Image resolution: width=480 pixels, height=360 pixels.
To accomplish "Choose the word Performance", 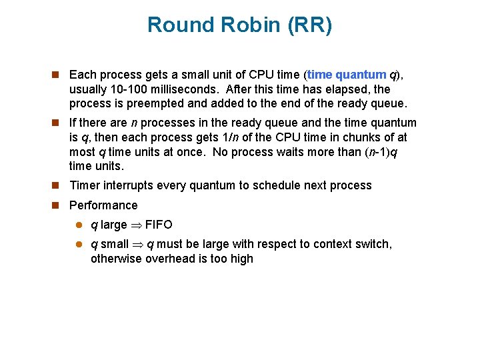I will tap(103, 205).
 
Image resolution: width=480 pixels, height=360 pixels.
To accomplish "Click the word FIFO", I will tap(159, 225).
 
